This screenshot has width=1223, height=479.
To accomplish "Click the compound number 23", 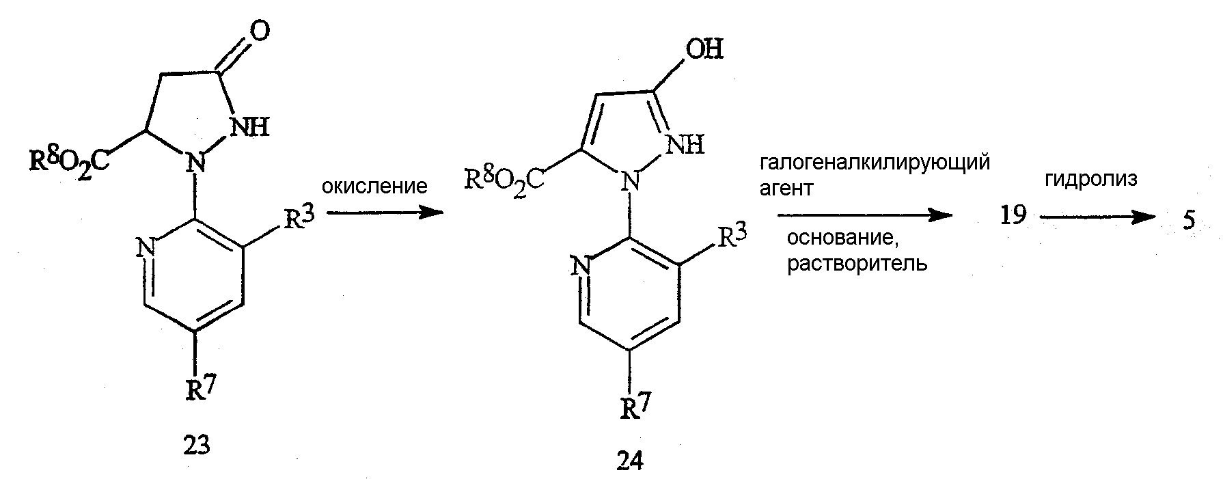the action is pyautogui.click(x=197, y=445).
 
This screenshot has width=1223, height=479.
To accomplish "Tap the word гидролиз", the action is pyautogui.click(x=1091, y=180).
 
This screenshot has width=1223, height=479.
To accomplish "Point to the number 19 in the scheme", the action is pyautogui.click(x=1013, y=216).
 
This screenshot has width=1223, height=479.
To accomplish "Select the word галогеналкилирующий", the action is pyautogui.click(x=875, y=164).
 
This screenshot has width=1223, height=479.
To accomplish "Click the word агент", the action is pyautogui.click(x=786, y=189).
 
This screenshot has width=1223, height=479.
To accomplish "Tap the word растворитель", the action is pyautogui.click(x=857, y=264).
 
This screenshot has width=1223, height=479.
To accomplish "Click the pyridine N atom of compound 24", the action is pyautogui.click(x=582, y=265).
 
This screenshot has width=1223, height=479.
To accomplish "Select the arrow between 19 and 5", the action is pyautogui.click(x=1095, y=217).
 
